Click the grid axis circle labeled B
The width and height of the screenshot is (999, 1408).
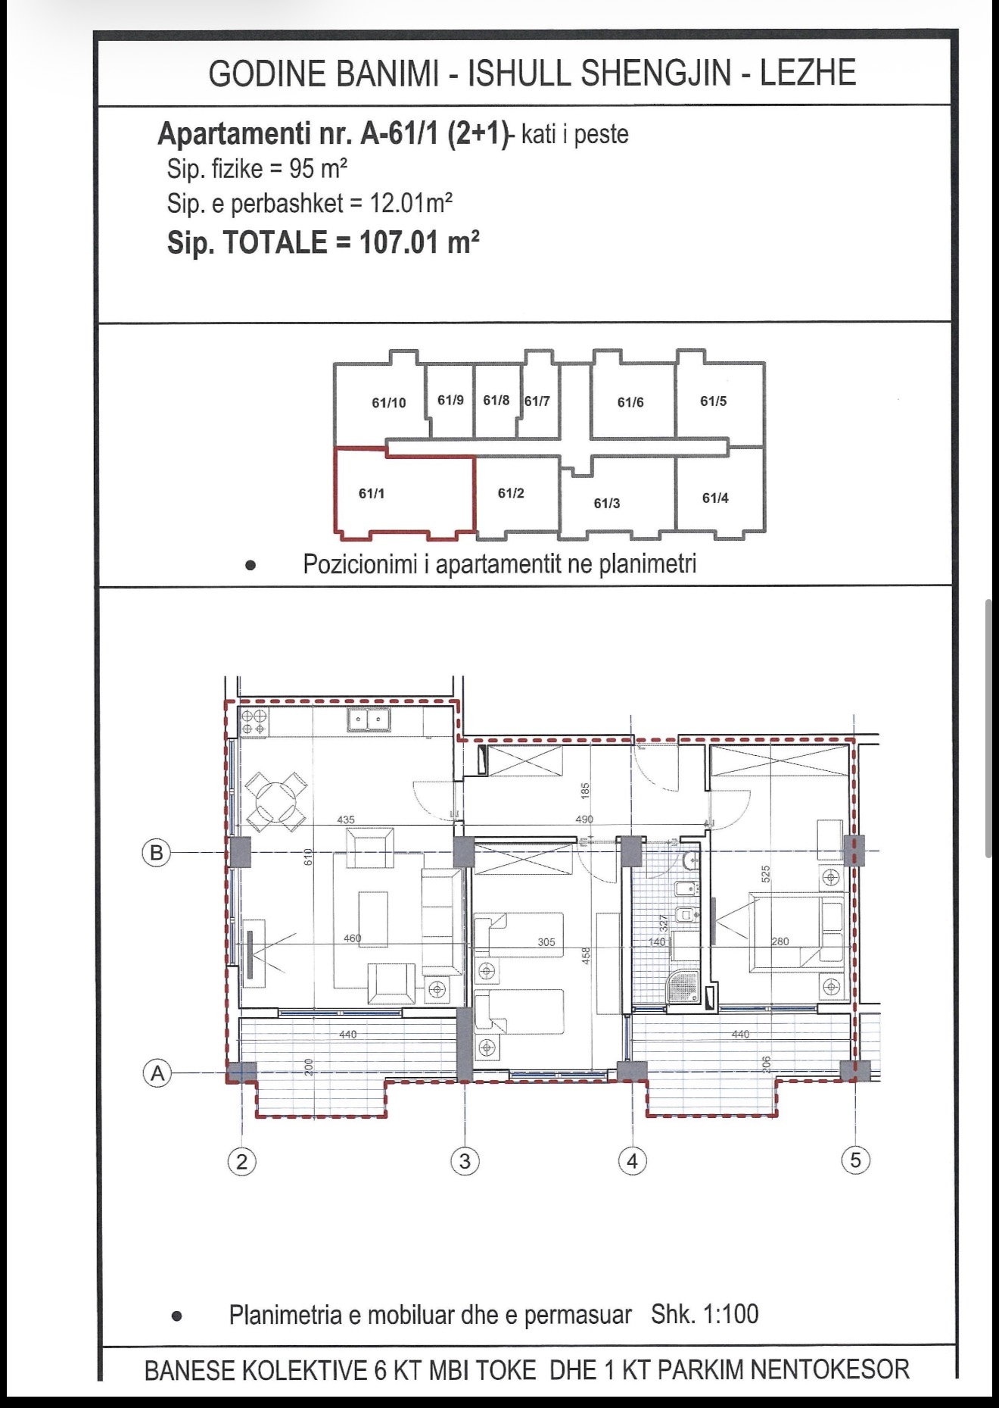157,853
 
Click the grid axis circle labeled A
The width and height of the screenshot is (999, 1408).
157,1073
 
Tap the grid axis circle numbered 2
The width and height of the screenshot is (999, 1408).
242,1161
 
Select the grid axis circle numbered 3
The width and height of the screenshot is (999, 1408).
465,1161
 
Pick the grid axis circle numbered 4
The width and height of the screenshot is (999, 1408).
633,1160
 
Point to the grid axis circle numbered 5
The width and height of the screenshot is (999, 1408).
856,1160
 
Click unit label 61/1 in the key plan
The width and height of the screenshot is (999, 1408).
372,494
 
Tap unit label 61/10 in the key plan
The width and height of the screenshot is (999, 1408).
389,403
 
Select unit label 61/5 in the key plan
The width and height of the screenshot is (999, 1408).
713,401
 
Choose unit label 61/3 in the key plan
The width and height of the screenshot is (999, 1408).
607,504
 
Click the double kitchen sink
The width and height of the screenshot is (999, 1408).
369,719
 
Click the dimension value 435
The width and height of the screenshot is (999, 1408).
346,820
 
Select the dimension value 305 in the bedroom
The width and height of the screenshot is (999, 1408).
546,942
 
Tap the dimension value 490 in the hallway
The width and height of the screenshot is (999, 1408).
584,820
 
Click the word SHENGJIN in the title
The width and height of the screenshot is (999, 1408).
656,73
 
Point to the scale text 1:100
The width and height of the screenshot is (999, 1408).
731,1314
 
